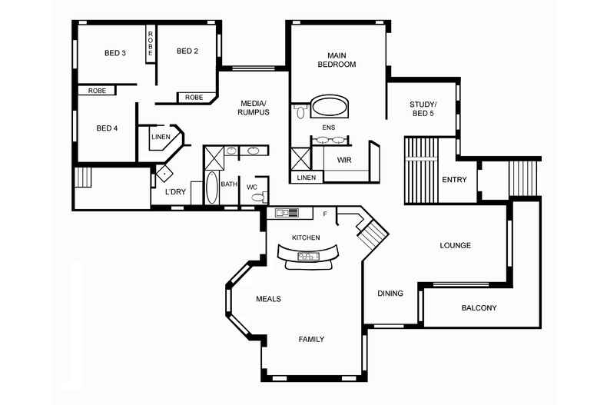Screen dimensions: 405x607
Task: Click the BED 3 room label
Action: [x=115, y=53]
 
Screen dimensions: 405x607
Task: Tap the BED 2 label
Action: [x=187, y=51]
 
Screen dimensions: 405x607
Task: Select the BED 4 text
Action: [x=107, y=128]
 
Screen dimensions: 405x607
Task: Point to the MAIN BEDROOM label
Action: [x=337, y=60]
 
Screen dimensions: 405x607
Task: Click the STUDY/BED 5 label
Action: [x=422, y=108]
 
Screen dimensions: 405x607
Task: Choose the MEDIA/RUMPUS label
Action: [x=254, y=108]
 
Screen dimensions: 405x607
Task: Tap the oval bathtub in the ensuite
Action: [x=329, y=107]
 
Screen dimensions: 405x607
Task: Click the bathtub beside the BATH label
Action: [x=212, y=188]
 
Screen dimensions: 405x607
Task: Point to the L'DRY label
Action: [x=175, y=191]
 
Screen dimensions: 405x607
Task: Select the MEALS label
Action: [x=268, y=299]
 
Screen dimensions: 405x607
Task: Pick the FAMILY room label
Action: [x=311, y=339]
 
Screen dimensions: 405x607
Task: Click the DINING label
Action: [x=390, y=294]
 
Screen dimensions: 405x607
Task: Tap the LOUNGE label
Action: [x=455, y=246]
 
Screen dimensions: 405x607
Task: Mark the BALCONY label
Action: [x=479, y=308]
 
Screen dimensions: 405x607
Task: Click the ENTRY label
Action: [x=454, y=181]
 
